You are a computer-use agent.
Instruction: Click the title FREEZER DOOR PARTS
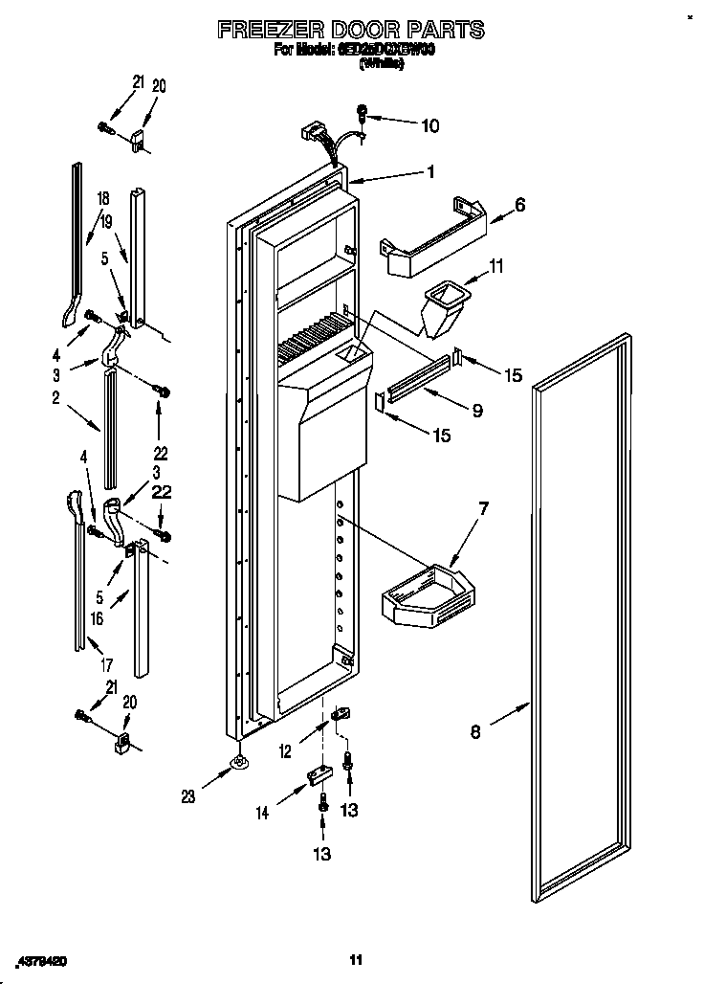point(351,30)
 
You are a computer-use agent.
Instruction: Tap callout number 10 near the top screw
point(429,124)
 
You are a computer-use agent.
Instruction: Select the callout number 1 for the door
point(430,172)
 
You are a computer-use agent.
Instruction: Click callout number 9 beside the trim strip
point(475,411)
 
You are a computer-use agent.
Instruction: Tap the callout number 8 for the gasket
point(475,734)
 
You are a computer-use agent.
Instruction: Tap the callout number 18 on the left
point(103,199)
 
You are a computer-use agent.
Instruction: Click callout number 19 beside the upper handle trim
point(107,220)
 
